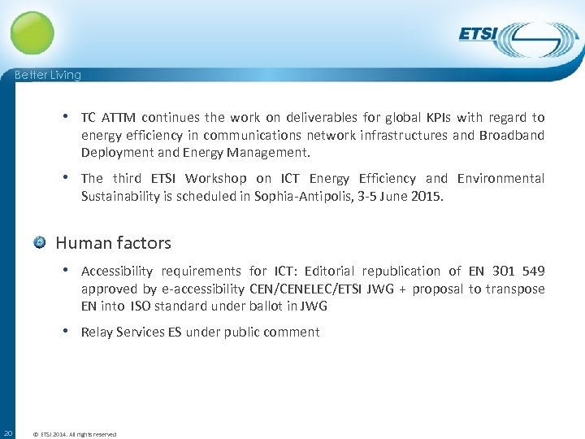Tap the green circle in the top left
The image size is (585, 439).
(32, 33)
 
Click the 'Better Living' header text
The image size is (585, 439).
(48, 75)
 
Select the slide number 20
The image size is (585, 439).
(7, 433)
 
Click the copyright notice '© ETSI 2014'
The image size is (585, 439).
(74, 434)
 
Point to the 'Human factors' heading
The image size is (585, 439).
(113, 242)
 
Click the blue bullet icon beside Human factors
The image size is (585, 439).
(40, 242)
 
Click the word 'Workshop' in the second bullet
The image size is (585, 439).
(215, 178)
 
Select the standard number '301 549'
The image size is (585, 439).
(518, 271)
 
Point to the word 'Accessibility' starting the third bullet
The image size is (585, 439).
(117, 271)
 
